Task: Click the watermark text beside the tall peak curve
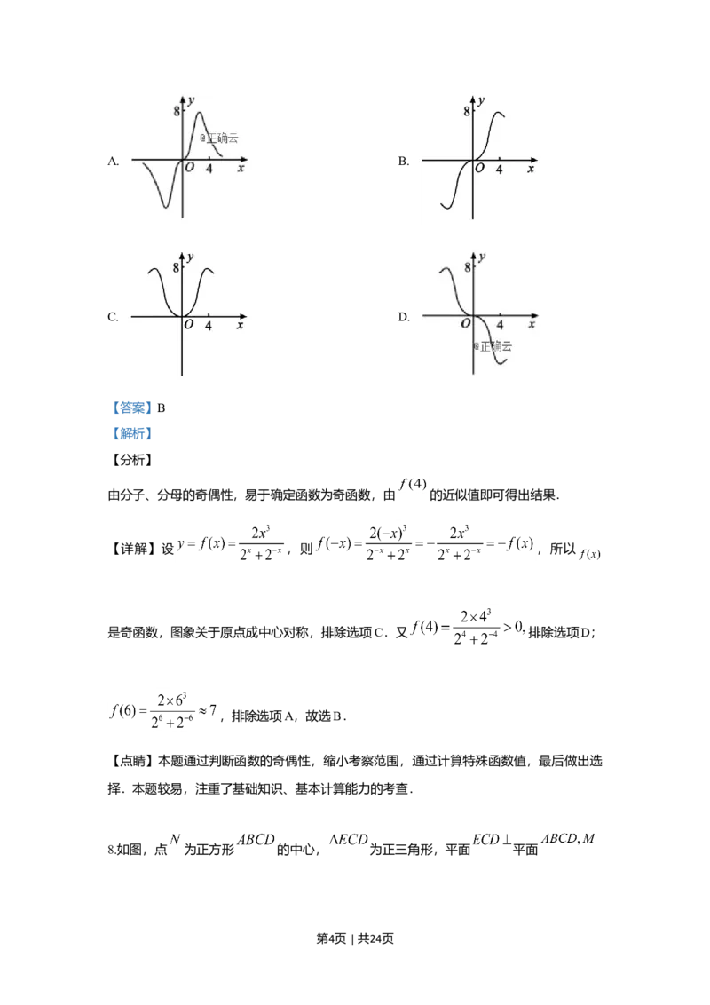click(219, 138)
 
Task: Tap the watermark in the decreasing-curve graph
click(493, 345)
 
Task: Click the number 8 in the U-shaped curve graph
click(176, 267)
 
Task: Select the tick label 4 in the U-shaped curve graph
click(209, 326)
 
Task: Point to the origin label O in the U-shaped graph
click(189, 326)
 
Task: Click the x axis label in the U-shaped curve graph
click(241, 326)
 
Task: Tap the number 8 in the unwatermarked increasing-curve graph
click(467, 111)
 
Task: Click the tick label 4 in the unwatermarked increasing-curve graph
click(500, 170)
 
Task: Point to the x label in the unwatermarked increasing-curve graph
click(532, 170)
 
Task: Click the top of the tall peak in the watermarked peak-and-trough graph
click(198, 113)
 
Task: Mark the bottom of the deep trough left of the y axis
click(166, 208)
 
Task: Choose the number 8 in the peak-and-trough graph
click(176, 111)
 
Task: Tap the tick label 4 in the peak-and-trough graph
click(209, 170)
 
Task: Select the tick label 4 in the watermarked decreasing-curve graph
click(500, 326)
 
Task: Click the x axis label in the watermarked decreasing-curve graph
click(532, 326)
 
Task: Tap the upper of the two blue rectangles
click(134, 408)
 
